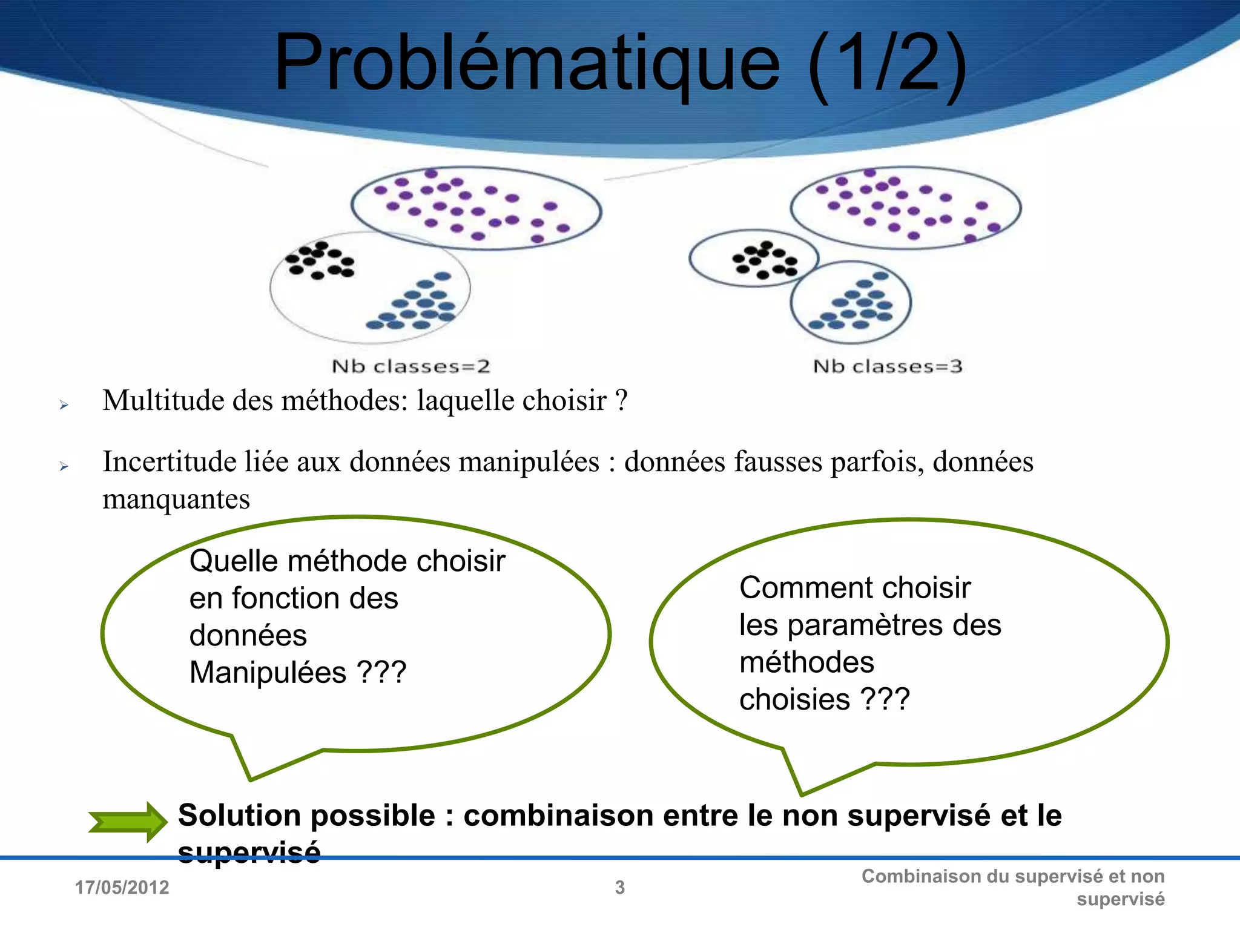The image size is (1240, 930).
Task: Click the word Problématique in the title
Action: pos(527,64)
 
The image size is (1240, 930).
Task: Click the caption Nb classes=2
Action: pos(411,366)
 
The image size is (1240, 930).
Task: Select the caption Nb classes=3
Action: pos(887,366)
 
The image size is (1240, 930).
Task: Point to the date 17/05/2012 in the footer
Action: pos(122,888)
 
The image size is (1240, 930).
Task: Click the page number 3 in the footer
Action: pos(620,888)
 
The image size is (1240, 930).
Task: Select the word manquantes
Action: pos(176,500)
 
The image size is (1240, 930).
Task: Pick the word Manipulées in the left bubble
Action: pos(268,673)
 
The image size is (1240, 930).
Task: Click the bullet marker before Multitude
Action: pos(64,405)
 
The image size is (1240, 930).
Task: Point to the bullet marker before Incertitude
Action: pos(64,466)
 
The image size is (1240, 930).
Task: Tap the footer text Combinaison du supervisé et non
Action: pos(1012,876)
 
